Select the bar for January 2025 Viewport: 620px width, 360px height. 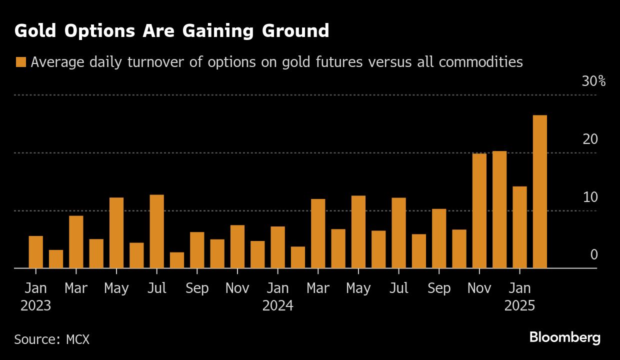(519, 227)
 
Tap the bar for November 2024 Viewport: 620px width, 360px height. (479, 211)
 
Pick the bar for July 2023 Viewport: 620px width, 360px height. (156, 231)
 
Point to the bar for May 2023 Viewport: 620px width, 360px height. (116, 233)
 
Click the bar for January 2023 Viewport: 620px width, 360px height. (36, 252)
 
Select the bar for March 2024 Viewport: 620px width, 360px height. (318, 233)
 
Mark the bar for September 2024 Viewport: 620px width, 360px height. (439, 238)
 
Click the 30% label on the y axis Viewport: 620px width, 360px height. (593, 81)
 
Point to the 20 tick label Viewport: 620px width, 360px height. (590, 139)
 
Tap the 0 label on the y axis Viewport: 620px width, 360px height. (593, 255)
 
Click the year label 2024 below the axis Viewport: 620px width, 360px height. (278, 305)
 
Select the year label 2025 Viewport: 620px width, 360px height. (519, 305)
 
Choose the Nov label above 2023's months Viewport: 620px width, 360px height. (237, 288)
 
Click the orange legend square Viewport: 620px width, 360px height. (20, 62)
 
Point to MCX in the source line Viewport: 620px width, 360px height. (77, 339)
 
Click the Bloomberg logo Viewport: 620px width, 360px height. (564, 337)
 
